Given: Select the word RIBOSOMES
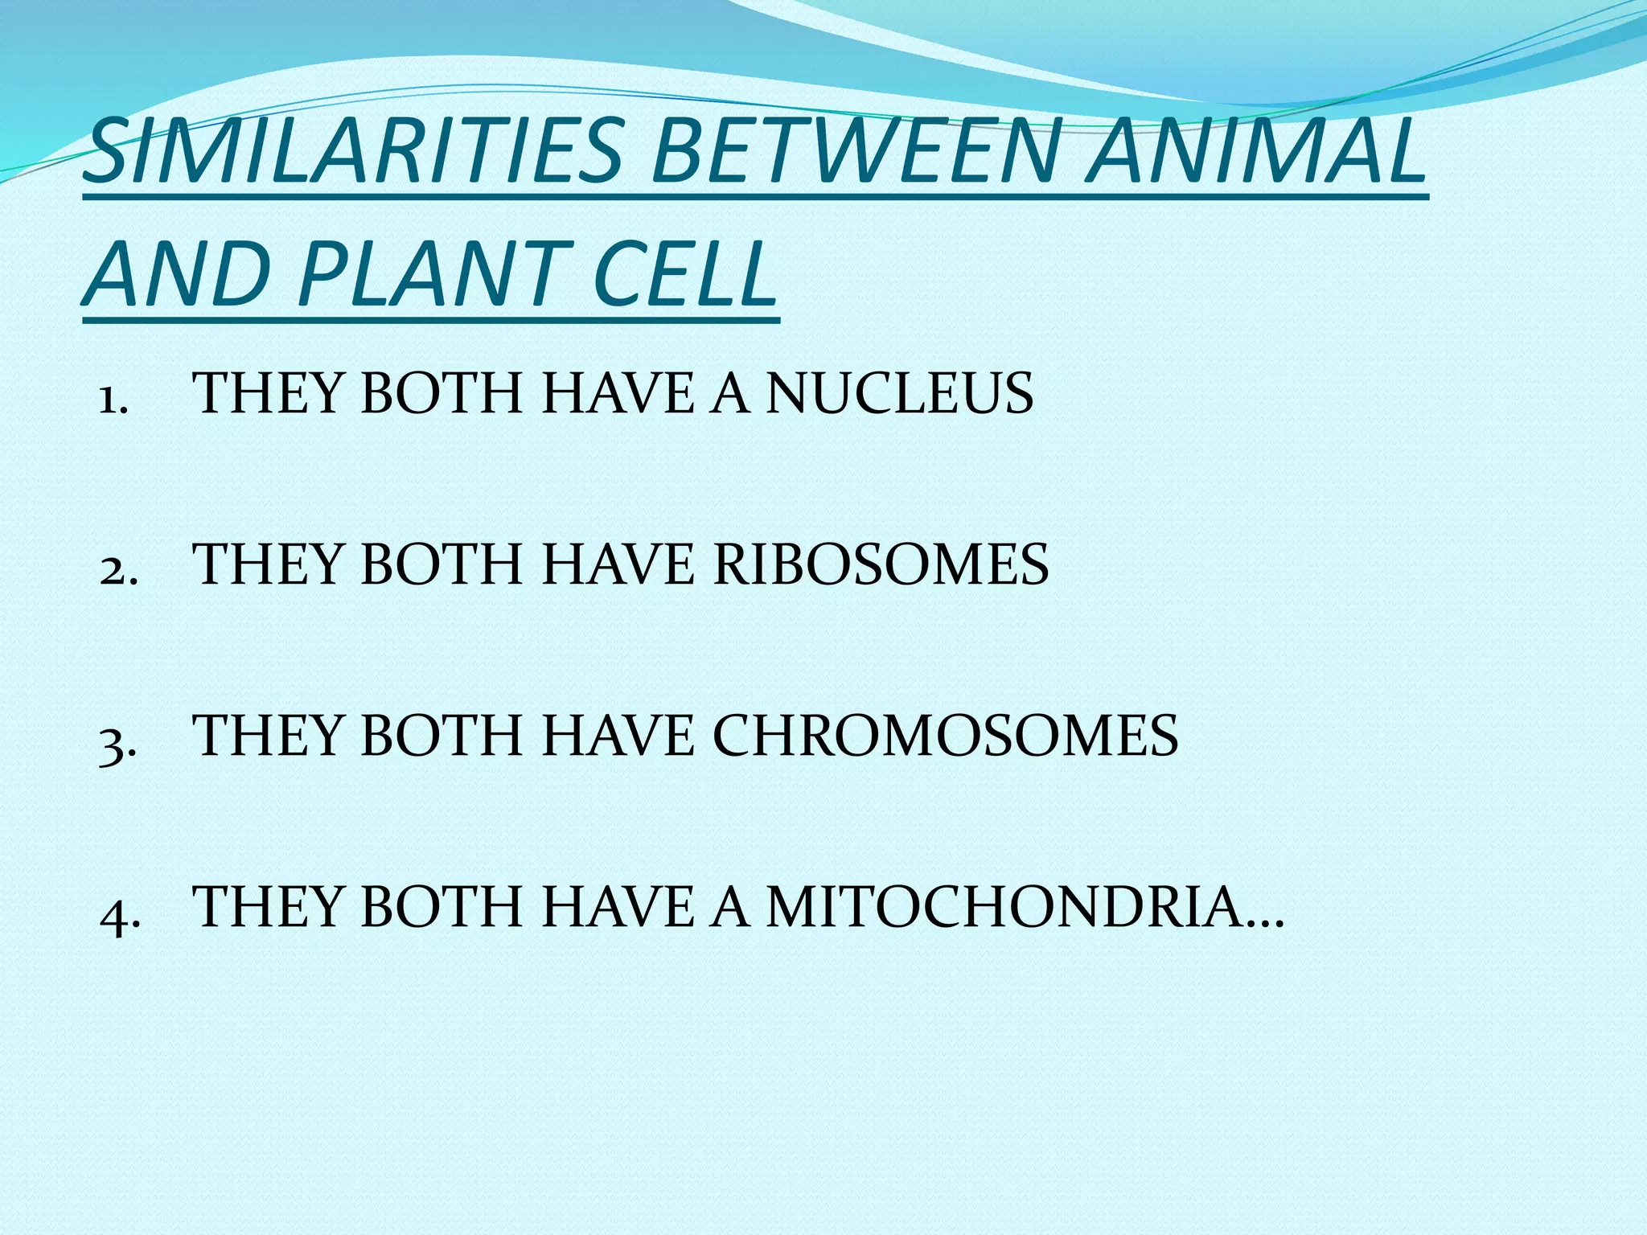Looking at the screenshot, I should tap(881, 564).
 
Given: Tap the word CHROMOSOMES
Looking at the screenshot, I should tap(945, 736).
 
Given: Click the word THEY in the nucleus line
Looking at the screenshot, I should tap(270, 394).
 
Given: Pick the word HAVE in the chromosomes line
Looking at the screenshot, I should tap(618, 736).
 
